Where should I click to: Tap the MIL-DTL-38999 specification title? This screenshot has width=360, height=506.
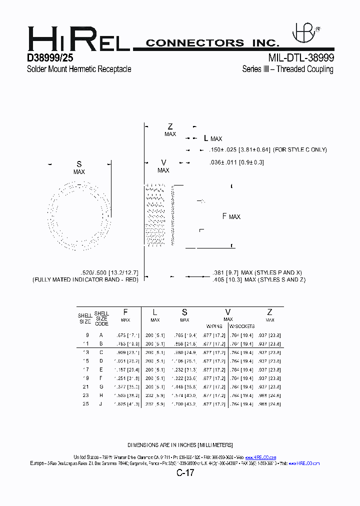click(301, 57)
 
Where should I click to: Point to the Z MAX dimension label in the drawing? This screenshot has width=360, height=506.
click(170, 130)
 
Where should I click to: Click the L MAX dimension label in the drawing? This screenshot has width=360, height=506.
click(212, 138)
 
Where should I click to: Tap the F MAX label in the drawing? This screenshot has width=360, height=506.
click(231, 216)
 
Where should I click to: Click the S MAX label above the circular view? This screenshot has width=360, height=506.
click(79, 167)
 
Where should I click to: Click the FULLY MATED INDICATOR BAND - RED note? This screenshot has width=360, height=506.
click(85, 279)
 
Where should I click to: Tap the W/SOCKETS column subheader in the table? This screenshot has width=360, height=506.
click(242, 326)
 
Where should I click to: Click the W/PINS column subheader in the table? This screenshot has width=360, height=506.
click(214, 326)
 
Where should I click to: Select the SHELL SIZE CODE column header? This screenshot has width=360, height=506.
click(101, 318)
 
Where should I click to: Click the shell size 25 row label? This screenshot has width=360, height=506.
click(86, 403)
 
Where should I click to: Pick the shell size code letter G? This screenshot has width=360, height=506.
click(101, 386)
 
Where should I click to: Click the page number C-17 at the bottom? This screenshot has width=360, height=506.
click(184, 472)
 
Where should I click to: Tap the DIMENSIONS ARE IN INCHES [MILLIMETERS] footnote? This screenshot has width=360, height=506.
click(179, 444)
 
